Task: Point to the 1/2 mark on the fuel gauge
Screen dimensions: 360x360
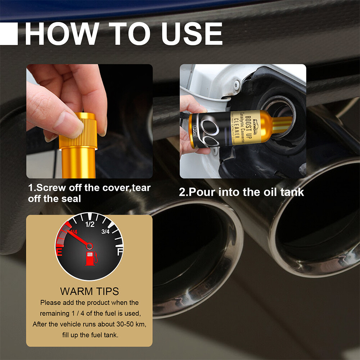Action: pyautogui.click(x=90, y=225)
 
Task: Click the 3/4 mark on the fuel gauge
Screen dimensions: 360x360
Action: pyautogui.click(x=105, y=231)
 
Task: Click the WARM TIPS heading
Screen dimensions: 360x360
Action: pyautogui.click(x=89, y=291)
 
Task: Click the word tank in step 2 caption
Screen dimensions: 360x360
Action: pyautogui.click(x=293, y=192)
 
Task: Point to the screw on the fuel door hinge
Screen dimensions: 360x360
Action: pyautogui.click(x=237, y=85)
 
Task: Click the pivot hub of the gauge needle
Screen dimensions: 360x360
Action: pyautogui.click(x=89, y=246)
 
